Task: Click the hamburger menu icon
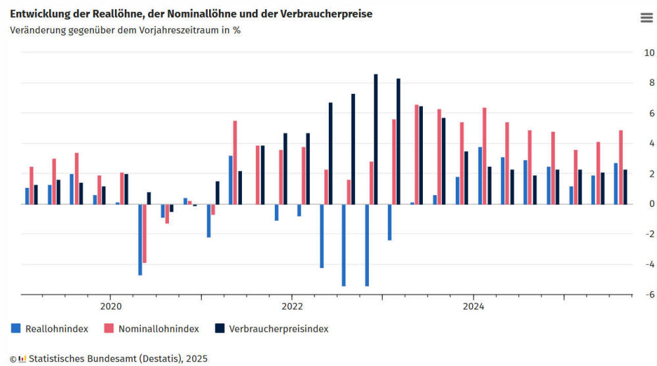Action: [646, 18]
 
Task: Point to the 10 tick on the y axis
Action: [648, 53]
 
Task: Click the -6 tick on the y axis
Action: [648, 295]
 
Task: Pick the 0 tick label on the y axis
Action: [649, 204]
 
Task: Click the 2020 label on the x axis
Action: [110, 306]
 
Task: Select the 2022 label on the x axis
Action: [292, 306]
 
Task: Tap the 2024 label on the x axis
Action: [474, 306]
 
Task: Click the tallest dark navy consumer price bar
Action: [376, 139]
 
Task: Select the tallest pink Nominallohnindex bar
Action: [417, 154]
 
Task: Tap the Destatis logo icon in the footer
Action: [22, 359]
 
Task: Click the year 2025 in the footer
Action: [197, 359]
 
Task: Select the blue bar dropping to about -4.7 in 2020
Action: [140, 240]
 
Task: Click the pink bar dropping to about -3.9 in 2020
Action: [145, 234]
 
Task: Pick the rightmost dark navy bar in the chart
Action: [625, 187]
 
